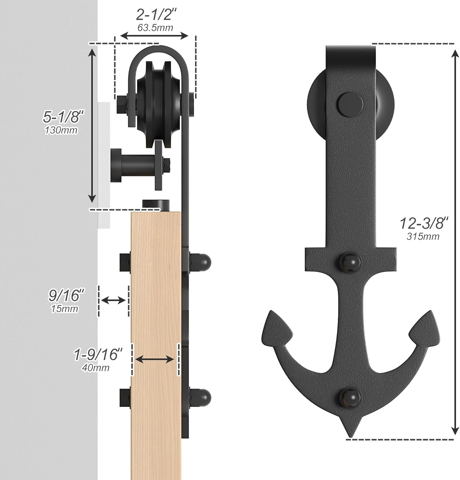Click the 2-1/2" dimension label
[156, 15]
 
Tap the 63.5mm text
[155, 28]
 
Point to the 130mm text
[61, 130]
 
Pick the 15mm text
[64, 309]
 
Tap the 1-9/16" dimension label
[98, 354]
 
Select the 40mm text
[96, 368]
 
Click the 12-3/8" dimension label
[424, 223]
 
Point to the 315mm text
[423, 236]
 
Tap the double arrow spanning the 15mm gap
[113, 300]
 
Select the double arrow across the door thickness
[155, 360]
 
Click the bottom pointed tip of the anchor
[350, 435]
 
